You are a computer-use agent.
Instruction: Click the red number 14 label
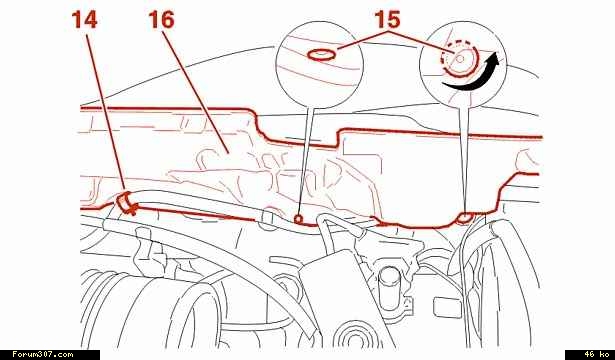pos(84,20)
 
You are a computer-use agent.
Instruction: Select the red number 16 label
pos(161,20)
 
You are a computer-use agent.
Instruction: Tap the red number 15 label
pos(388,19)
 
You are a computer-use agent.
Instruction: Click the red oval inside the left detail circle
pos(321,55)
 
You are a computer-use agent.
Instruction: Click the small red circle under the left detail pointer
pos(299,219)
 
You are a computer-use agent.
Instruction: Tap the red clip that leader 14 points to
pos(126,203)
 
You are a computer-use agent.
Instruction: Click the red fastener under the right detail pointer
pos(465,218)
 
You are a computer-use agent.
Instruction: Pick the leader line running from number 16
pos(195,90)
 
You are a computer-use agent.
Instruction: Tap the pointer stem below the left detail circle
pos(307,162)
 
